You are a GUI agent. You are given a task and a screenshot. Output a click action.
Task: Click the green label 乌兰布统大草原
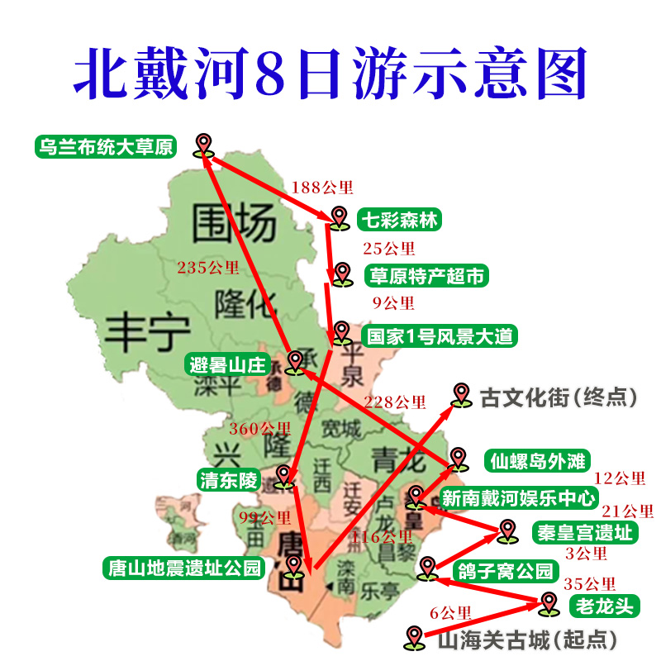105,147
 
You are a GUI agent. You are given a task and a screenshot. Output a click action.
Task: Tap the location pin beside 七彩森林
340,217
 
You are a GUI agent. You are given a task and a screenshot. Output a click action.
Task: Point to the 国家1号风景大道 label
440,336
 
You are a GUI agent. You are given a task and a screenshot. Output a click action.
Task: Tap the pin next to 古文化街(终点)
460,395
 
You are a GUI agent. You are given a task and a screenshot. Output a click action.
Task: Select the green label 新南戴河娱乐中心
518,497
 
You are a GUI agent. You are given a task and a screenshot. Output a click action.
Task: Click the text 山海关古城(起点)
526,639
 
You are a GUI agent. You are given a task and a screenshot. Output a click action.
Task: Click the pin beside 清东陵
285,477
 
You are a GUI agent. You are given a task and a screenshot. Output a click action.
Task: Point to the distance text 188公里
318,188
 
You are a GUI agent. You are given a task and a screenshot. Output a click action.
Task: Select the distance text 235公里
207,267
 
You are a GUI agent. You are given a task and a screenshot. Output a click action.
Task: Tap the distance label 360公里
259,429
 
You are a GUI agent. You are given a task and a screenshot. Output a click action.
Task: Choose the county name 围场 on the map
231,221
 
